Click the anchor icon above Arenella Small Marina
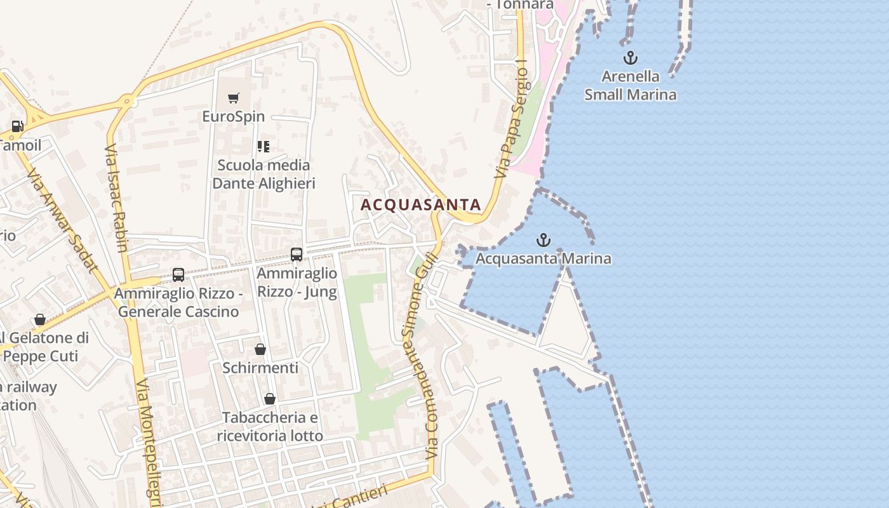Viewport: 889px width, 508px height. [x=630, y=58]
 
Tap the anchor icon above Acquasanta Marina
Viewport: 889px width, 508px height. [x=543, y=240]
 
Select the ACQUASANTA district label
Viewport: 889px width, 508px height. [x=421, y=204]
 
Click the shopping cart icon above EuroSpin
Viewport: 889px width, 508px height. [x=234, y=98]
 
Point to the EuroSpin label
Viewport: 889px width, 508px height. [x=233, y=117]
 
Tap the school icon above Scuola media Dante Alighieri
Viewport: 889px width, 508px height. [x=264, y=147]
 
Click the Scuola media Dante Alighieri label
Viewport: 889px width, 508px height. [x=264, y=175]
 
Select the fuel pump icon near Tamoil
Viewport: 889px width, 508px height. [x=17, y=126]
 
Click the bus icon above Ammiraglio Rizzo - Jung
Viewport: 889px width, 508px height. [x=297, y=255]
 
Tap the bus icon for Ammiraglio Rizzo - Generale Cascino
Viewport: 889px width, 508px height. [x=178, y=275]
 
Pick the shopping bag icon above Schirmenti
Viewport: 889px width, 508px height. [x=260, y=349]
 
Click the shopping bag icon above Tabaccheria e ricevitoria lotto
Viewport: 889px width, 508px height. [x=270, y=399]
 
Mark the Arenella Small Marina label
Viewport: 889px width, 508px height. [x=630, y=86]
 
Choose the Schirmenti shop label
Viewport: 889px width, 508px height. [x=260, y=368]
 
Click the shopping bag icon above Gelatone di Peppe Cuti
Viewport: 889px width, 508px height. [x=40, y=319]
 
